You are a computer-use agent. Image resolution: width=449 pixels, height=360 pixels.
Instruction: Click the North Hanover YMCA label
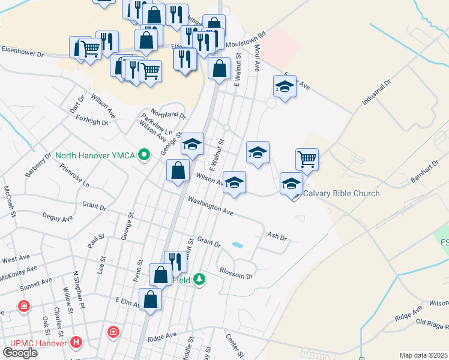(x=95, y=156)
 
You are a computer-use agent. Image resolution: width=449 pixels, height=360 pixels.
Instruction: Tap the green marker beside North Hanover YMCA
(x=143, y=156)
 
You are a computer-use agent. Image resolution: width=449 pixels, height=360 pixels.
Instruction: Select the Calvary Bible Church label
(x=342, y=193)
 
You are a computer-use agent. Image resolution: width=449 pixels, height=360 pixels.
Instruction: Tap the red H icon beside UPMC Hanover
(x=76, y=342)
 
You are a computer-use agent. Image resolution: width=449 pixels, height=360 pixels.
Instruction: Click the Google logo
(x=20, y=353)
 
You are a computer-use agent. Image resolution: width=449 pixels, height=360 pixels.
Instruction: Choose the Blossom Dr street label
(x=236, y=273)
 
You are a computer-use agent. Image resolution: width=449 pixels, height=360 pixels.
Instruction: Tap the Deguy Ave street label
(x=58, y=217)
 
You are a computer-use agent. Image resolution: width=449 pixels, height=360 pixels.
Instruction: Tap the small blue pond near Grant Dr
(x=238, y=245)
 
